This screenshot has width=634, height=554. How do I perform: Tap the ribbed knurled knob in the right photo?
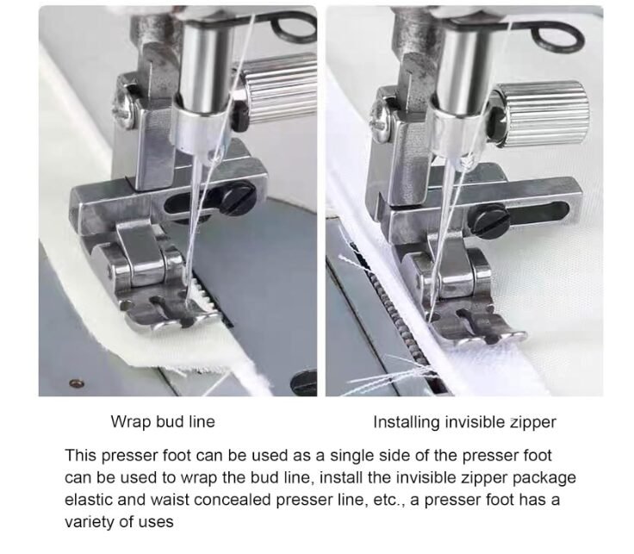pos(540,113)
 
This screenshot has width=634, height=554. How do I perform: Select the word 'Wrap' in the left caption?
pos(131,422)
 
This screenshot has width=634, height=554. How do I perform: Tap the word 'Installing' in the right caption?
pos(407,422)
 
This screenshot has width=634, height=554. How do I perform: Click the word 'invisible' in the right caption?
pos(475,422)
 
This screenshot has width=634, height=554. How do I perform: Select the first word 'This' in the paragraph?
pos(81,455)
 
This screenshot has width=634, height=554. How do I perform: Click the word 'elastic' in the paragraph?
pos(89,500)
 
